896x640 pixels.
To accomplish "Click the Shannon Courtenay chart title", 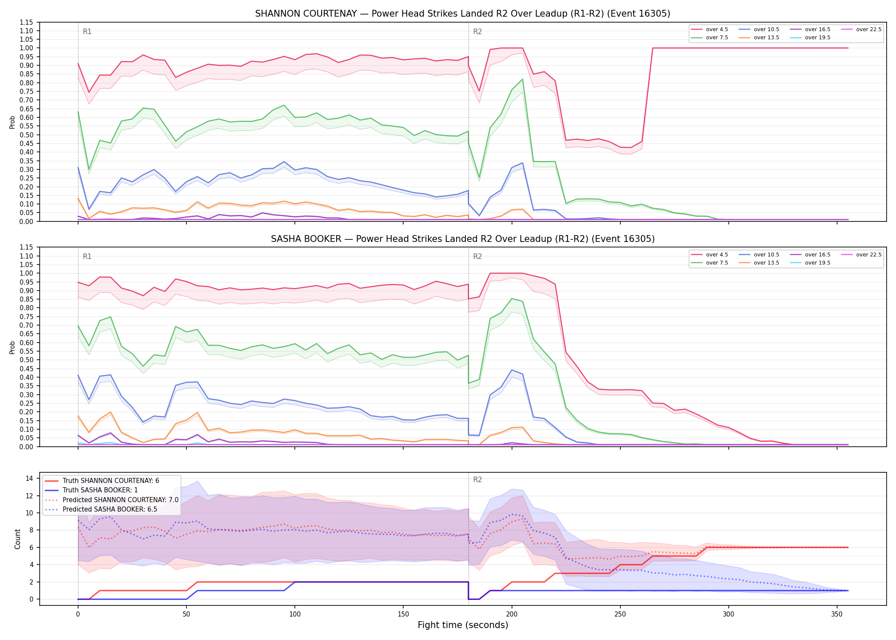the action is tap(463, 14).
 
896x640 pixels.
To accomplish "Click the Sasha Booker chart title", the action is tap(463, 239).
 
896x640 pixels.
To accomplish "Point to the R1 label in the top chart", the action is tap(87, 32).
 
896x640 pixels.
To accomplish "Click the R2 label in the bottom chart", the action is tap(477, 480).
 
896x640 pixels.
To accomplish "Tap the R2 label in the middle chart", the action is tap(477, 256).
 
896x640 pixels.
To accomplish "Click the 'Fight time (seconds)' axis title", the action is tap(463, 625).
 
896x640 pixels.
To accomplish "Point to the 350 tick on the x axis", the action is tap(837, 614).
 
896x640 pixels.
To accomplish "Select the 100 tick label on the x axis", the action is tap(295, 614).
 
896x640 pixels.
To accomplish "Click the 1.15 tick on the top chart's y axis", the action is tap(26, 22).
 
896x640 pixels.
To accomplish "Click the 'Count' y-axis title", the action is tap(17, 539).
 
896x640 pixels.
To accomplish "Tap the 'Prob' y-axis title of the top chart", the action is tap(12, 122).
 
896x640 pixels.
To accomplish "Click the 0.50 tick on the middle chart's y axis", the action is tap(26, 360).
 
